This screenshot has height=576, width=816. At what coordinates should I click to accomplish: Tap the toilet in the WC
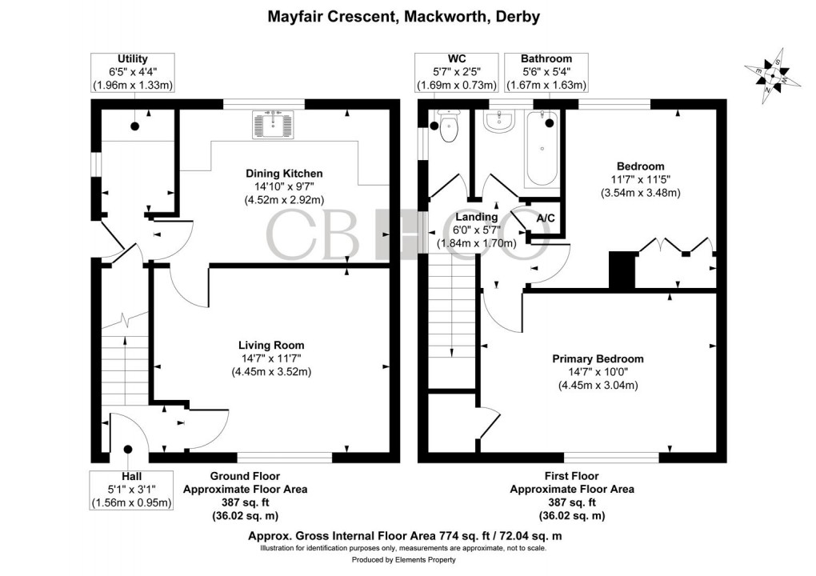[449, 128]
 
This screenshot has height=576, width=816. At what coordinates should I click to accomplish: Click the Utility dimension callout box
[133, 72]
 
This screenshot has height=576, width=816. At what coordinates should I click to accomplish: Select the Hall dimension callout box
[132, 490]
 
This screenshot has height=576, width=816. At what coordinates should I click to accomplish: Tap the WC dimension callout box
[457, 72]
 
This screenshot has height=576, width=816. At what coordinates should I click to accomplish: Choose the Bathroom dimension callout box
[546, 72]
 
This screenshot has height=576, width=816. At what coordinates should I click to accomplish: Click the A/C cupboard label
[546, 218]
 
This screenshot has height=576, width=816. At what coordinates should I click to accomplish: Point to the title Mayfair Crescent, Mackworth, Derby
[408, 16]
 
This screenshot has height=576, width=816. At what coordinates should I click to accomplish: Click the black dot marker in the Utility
[134, 126]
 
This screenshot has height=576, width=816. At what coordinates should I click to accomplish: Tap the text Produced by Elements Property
[408, 560]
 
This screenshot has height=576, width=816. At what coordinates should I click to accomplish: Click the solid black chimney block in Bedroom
[621, 270]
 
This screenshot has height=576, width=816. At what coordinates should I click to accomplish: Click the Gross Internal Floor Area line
[408, 535]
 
